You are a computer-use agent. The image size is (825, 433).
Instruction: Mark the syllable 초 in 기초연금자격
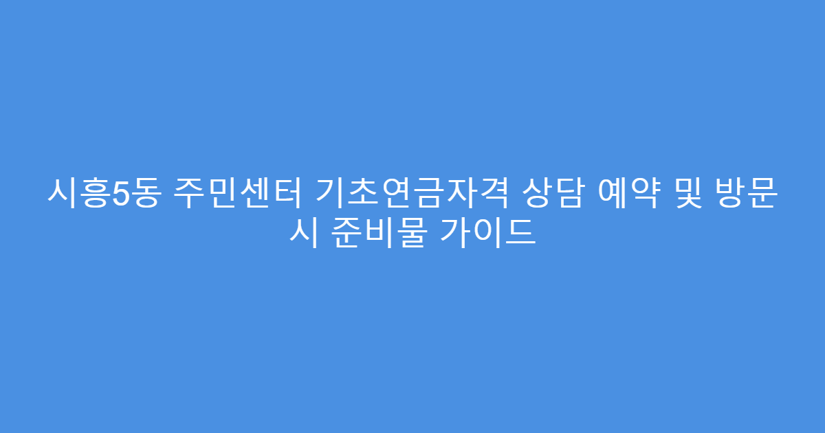pyautogui.click(x=356, y=194)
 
